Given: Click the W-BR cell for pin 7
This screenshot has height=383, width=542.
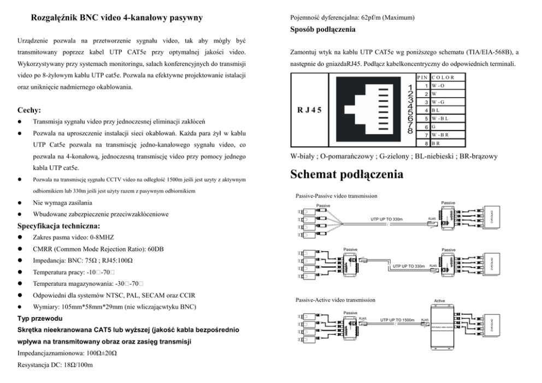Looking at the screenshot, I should coord(439,134).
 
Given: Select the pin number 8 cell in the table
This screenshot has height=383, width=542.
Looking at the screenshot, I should coord(425,142).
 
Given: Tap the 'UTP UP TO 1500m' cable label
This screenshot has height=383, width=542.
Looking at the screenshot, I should coord(397,320).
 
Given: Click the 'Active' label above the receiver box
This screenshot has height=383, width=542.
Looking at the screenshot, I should coord(439,301).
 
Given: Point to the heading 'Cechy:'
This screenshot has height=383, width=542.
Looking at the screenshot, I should coord(30,110).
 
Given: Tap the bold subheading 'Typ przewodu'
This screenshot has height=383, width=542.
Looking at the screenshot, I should coord(40,318).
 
